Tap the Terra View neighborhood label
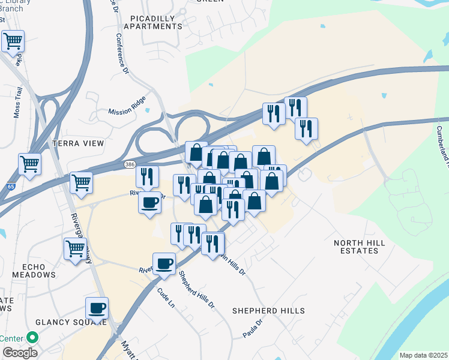[78, 144]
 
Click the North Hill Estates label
[357, 247]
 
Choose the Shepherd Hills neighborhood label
[269, 311]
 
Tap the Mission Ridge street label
[127, 111]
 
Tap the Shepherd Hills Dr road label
[196, 289]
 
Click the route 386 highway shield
[129, 164]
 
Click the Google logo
[19, 353]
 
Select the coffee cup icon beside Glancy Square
[97, 309]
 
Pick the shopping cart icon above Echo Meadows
[74, 248]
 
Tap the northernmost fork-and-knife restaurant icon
[295, 107]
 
